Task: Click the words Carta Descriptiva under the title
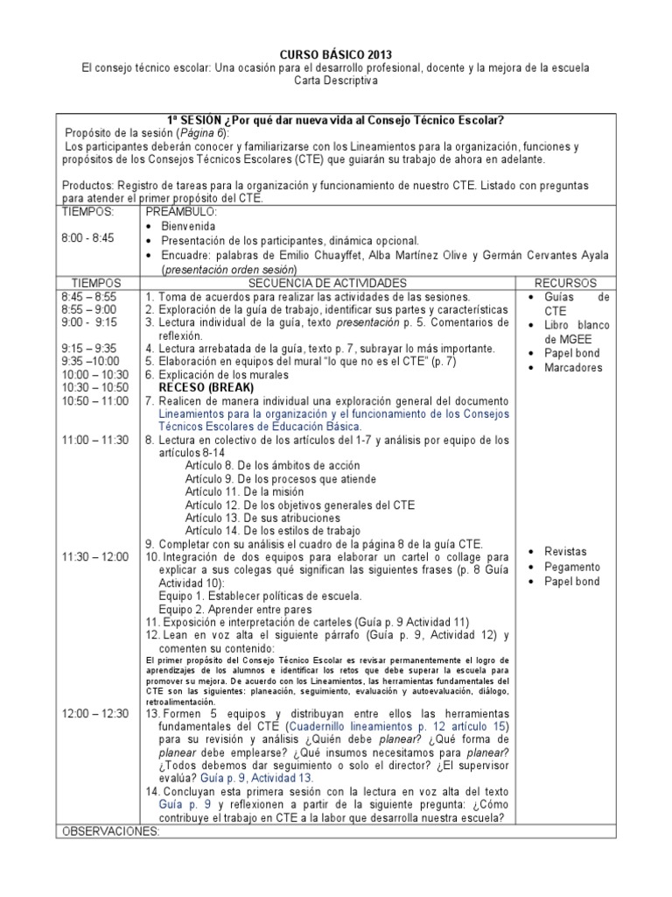click(336, 81)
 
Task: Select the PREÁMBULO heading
click(180, 211)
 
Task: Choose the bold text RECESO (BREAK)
click(208, 386)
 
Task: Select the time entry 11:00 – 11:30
click(96, 439)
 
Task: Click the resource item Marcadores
click(573, 368)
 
